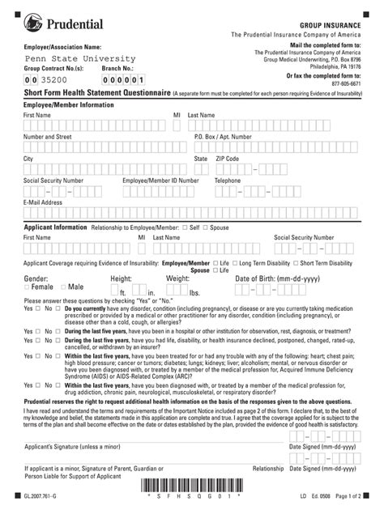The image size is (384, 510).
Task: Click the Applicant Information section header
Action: [55, 227]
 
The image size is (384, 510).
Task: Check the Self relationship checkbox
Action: [186, 228]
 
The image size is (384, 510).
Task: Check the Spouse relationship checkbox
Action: [206, 228]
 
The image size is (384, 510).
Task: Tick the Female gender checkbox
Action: [28, 287]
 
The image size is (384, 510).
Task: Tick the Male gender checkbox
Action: [63, 287]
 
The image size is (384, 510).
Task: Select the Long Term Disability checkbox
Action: [235, 264]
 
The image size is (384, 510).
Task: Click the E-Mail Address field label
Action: [43, 202]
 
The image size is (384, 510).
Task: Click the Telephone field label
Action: [228, 181]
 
